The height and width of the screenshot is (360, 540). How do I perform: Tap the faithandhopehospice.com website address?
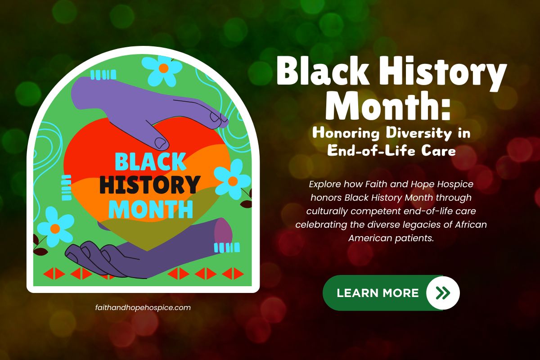[143, 308]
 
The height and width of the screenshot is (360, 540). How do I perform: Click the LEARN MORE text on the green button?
[378, 293]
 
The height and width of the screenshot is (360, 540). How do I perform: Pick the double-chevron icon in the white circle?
[443, 293]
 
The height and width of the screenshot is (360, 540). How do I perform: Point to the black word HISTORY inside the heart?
[149, 184]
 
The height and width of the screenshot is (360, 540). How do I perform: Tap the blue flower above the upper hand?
[163, 68]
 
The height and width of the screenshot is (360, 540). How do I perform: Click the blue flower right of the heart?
[232, 180]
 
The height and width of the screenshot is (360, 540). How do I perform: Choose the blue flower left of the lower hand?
[55, 228]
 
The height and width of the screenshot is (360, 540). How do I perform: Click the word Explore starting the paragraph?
[324, 184]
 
